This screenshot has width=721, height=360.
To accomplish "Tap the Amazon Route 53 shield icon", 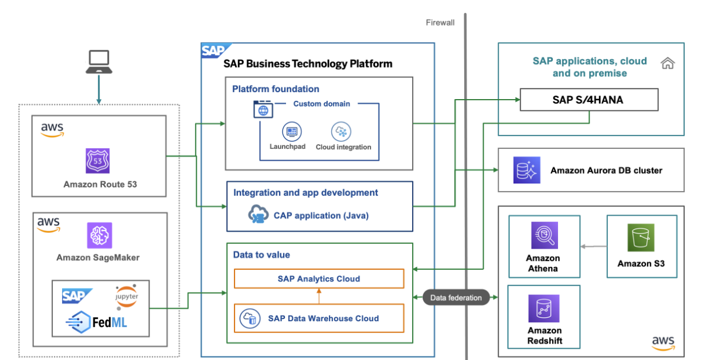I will tap(98, 160).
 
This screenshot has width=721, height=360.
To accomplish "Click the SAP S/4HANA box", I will tap(588, 100).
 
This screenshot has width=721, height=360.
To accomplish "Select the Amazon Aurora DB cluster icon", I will tap(525, 170).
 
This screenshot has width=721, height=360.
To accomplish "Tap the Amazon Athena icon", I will tap(544, 235).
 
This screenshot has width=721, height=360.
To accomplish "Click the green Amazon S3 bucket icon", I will tap(641, 238).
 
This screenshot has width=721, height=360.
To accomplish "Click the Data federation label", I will tap(456, 298).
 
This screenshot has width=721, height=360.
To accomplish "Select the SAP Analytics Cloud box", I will tap(319, 279).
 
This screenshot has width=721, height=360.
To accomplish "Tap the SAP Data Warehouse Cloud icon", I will tap(249, 318).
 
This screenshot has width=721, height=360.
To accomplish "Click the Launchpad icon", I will tap(291, 132).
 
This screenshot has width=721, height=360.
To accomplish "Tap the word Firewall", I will tap(440, 23).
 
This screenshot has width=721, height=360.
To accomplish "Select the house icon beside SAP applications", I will tap(667, 63).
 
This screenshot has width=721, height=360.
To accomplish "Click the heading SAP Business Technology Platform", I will tap(308, 63).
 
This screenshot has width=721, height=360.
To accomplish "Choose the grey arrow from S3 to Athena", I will tap(593, 247).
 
